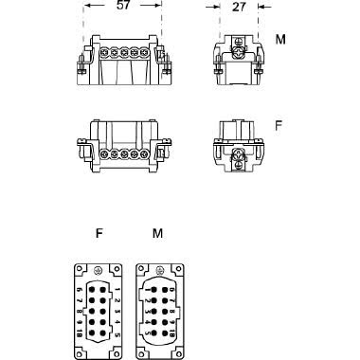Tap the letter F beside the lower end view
(x=279, y=123)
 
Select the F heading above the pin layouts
(x=98, y=231)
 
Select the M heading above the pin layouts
(x=156, y=231)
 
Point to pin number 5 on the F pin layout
(x=117, y=334)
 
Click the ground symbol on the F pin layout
(x=97, y=270)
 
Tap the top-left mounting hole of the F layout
(x=81, y=268)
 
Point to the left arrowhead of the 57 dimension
(x=87, y=6)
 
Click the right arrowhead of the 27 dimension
(x=255, y=6)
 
